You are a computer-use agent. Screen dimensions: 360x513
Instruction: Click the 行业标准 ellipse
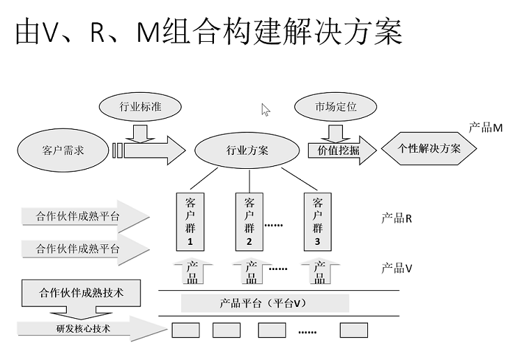pyautogui.click(x=140, y=107)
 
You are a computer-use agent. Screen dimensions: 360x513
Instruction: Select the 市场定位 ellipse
pyautogui.click(x=336, y=107)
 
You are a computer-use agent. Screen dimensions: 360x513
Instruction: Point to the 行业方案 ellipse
pyautogui.click(x=247, y=150)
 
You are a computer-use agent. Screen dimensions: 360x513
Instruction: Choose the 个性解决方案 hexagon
pyautogui.click(x=429, y=149)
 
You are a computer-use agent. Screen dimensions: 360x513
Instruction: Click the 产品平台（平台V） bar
pyautogui.click(x=264, y=303)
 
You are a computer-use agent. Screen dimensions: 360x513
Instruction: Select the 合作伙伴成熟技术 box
pyautogui.click(x=82, y=292)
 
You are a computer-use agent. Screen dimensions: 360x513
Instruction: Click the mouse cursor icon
pyautogui.click(x=266, y=110)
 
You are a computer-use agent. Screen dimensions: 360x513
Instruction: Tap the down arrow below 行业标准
pyautogui.click(x=140, y=131)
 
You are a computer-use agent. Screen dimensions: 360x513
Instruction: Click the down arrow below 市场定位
pyautogui.click(x=336, y=131)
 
